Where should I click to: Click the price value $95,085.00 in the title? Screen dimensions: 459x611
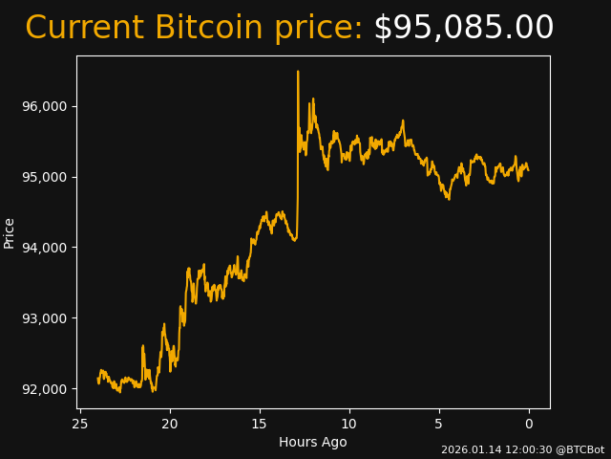coord(463,29)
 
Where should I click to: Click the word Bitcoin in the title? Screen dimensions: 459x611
coord(208,29)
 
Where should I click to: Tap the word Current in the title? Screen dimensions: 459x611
coord(85,29)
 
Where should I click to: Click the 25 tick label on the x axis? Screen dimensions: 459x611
coord(80,424)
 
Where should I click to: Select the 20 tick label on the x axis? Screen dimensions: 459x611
coord(170,424)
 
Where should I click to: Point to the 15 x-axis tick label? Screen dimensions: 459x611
coord(260,424)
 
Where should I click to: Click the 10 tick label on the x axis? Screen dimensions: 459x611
coord(349,424)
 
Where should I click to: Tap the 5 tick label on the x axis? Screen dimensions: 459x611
coord(439,424)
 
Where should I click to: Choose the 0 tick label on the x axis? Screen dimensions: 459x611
coord(529,424)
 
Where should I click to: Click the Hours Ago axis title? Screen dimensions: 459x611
coord(313,442)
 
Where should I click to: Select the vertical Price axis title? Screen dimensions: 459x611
coord(10,232)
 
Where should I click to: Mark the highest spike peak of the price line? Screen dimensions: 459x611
coord(298,71)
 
